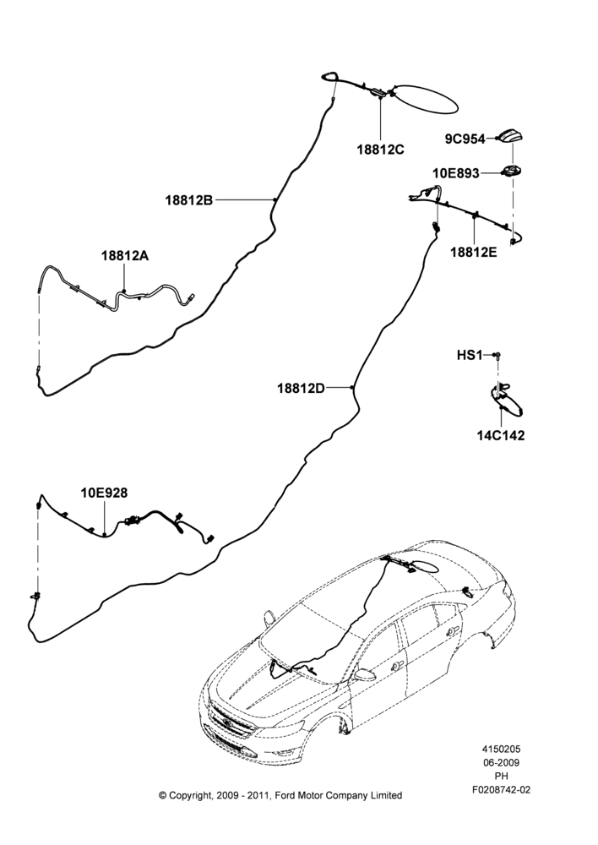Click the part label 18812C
(380, 150)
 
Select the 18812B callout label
(188, 200)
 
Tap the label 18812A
(125, 255)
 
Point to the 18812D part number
(302, 388)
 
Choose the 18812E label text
(474, 252)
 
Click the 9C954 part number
(465, 139)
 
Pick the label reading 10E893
(456, 173)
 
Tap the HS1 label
(470, 355)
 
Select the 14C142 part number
(501, 435)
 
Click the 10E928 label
(105, 493)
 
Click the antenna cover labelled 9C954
(512, 138)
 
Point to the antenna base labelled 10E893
(513, 172)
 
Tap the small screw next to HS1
(497, 355)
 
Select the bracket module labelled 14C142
(507, 400)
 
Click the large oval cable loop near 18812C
(427, 99)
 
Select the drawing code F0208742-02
(501, 790)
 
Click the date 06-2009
(501, 762)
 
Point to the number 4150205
(501, 749)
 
